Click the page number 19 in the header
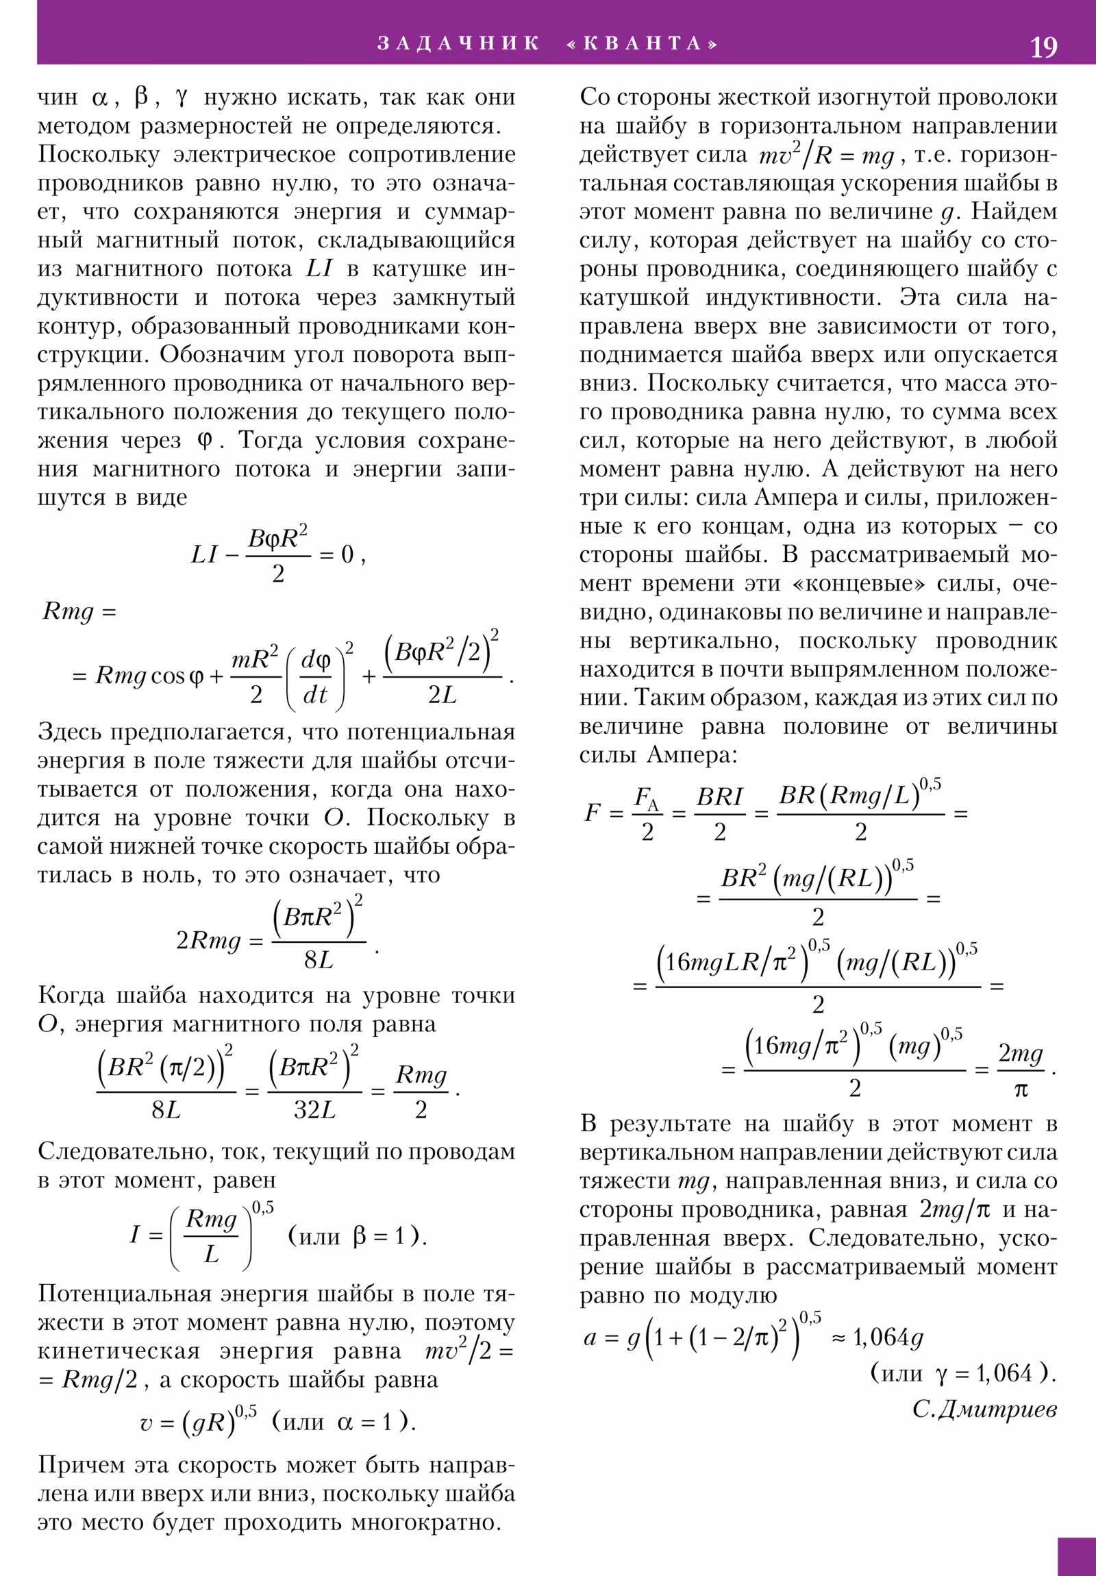(x=1043, y=47)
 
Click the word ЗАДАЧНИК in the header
(x=458, y=43)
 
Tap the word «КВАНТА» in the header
(x=643, y=43)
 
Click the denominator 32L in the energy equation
(x=315, y=1110)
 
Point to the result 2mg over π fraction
(x=1021, y=1071)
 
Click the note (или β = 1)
(x=358, y=1236)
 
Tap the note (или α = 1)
(x=344, y=1422)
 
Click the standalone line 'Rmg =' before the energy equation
(x=79, y=611)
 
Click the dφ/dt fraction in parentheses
(x=316, y=677)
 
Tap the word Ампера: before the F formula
(x=692, y=755)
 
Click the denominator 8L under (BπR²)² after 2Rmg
(x=319, y=959)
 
